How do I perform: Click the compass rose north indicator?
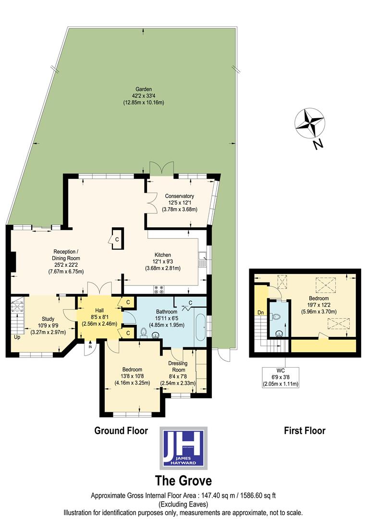click(x=310, y=124)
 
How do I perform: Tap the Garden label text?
click(x=143, y=89)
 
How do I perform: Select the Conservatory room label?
click(x=179, y=196)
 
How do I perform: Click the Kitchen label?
click(x=162, y=255)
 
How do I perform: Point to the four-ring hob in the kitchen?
click(x=159, y=289)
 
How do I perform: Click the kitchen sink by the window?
click(x=203, y=260)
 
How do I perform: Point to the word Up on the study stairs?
click(x=17, y=337)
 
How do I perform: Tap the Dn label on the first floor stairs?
click(x=260, y=312)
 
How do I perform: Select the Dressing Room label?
click(x=178, y=367)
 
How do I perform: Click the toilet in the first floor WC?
click(x=276, y=318)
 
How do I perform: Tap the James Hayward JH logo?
click(x=183, y=447)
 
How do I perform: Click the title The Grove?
click(x=183, y=481)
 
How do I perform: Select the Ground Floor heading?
click(x=121, y=431)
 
